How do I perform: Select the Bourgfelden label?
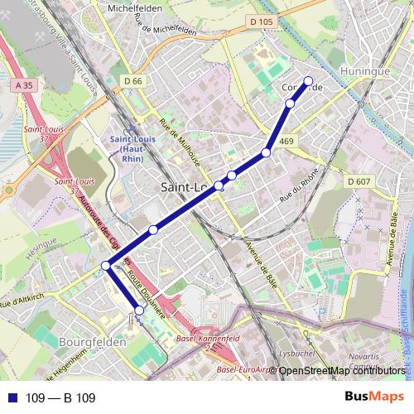(93, 340)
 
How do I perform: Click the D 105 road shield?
(260, 22)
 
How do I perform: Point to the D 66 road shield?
(132, 81)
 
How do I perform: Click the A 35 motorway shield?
(23, 84)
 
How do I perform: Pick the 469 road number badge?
(286, 142)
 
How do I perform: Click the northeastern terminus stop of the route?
(309, 81)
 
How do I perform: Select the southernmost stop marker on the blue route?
(139, 310)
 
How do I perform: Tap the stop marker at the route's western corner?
(105, 265)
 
